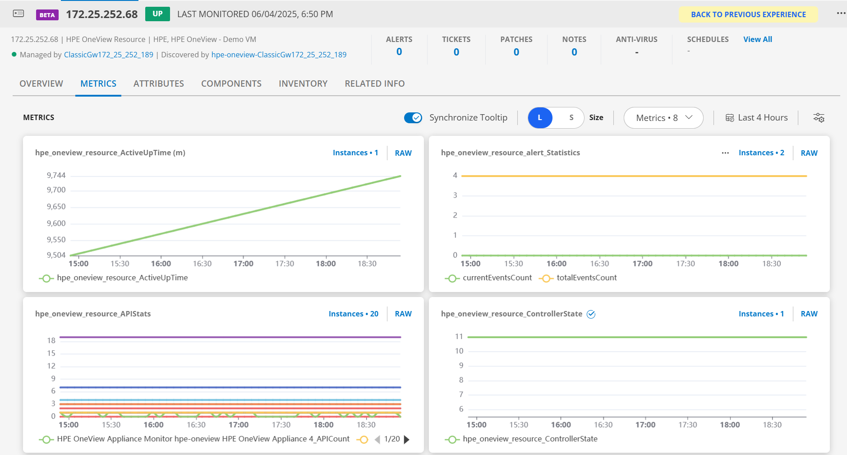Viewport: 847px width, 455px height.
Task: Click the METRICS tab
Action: point(98,84)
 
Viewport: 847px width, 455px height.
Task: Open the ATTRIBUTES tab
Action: point(159,84)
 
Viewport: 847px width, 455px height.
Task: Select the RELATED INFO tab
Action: point(374,84)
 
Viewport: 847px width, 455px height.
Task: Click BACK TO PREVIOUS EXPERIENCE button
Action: point(748,14)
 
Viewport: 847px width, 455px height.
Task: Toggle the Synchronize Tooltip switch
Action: point(413,118)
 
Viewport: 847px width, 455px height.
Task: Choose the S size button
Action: point(571,118)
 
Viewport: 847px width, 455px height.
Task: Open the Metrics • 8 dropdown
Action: point(663,118)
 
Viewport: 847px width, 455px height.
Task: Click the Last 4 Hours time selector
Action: point(756,118)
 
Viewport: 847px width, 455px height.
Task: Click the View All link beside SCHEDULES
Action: point(757,39)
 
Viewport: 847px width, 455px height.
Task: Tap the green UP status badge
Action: point(157,14)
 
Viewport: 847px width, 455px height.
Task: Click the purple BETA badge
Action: point(47,15)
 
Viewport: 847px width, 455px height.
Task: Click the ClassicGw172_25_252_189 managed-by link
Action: point(109,55)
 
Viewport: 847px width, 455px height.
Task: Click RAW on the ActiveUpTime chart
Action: point(403,153)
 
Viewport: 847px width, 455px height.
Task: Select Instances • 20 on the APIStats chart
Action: point(353,314)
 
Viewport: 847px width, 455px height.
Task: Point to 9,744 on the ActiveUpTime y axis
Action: point(56,175)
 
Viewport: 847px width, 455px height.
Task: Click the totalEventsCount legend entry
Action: point(586,278)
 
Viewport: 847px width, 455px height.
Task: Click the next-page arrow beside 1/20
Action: point(407,439)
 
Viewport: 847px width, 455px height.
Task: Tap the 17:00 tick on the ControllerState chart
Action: point(645,425)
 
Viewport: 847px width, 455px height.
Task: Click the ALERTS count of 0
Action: point(399,52)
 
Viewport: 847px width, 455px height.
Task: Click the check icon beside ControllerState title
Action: point(591,314)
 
